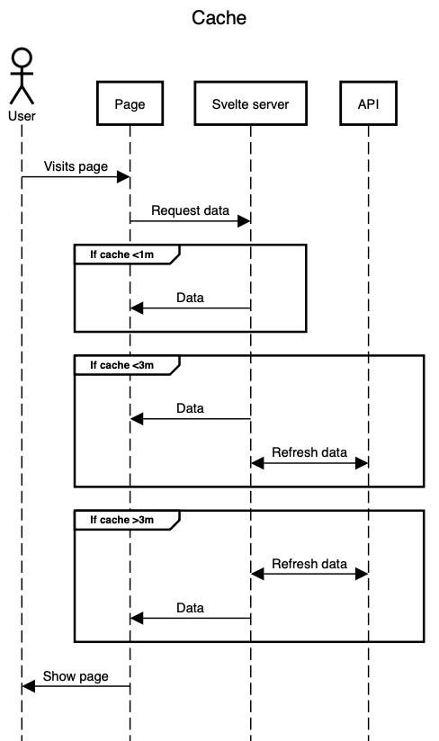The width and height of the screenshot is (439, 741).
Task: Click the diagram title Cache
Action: [x=219, y=18]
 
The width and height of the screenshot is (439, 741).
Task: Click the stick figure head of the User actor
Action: [x=22, y=58]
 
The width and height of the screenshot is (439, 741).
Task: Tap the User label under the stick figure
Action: [x=22, y=116]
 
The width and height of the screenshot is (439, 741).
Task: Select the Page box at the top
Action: [x=130, y=104]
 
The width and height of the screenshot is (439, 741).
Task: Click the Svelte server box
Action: [x=250, y=104]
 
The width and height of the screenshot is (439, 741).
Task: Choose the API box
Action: [x=368, y=104]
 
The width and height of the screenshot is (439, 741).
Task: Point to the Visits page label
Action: [x=76, y=166]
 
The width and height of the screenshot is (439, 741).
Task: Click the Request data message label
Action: [x=190, y=210]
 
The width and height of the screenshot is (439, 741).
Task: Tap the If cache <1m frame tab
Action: [x=122, y=254]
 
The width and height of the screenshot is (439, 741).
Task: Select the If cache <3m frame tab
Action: [x=122, y=366]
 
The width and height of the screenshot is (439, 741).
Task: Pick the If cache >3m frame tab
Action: [x=122, y=520]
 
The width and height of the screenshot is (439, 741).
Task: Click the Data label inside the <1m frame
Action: [x=190, y=297]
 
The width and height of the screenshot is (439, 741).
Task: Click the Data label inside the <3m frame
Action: [x=190, y=408]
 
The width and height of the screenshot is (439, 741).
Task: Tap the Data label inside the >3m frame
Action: [x=190, y=608]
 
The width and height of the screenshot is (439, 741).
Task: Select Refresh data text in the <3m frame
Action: [x=309, y=452]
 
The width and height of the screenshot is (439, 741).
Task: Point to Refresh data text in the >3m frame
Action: [x=309, y=564]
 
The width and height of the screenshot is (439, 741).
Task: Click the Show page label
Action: [x=76, y=677]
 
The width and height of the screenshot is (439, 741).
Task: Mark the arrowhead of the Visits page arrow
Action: [x=124, y=177]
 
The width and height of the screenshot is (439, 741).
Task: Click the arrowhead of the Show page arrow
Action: [x=28, y=687]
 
